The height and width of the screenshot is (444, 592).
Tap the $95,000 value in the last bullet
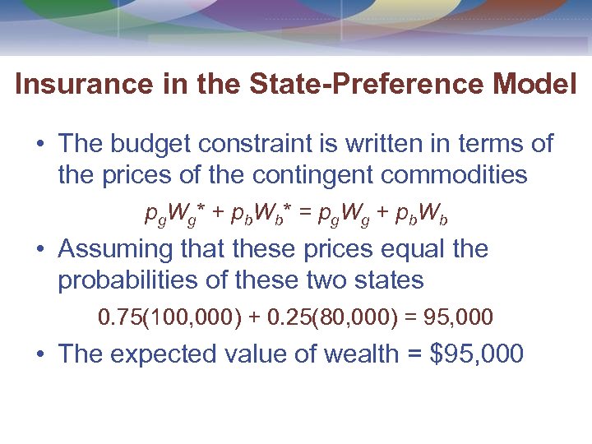(x=477, y=354)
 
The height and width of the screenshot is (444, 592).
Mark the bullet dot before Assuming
(x=39, y=250)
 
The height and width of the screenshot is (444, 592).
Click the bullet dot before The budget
(x=39, y=146)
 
